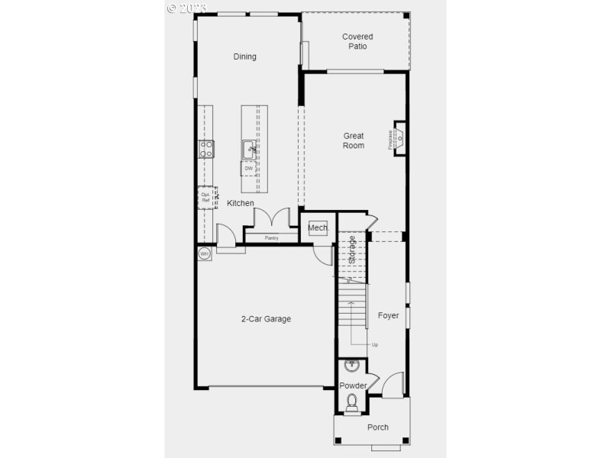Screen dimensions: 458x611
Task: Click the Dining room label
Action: click(x=245, y=56)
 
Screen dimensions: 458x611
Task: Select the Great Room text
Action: click(x=354, y=140)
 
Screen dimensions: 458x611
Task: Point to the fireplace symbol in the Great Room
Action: click(x=399, y=139)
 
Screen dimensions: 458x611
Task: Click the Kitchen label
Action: click(x=241, y=203)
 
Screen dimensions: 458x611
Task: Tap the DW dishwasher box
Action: click(x=249, y=169)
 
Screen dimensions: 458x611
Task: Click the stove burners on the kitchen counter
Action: click(x=207, y=149)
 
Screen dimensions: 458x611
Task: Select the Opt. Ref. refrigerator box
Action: click(x=205, y=197)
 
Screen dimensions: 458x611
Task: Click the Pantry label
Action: click(x=271, y=238)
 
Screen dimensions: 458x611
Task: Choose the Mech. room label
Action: click(x=318, y=227)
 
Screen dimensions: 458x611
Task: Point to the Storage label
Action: click(x=352, y=250)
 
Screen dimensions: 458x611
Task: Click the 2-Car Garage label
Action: click(x=266, y=319)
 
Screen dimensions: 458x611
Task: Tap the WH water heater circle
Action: click(x=205, y=253)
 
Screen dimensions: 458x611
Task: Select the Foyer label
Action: click(x=389, y=315)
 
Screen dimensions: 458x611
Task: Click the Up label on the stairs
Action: click(x=374, y=344)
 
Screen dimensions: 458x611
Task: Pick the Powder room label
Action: click(x=354, y=385)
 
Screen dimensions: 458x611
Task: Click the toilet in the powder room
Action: click(x=352, y=402)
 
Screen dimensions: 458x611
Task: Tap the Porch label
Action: click(x=377, y=427)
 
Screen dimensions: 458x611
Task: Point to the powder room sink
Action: click(x=352, y=366)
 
